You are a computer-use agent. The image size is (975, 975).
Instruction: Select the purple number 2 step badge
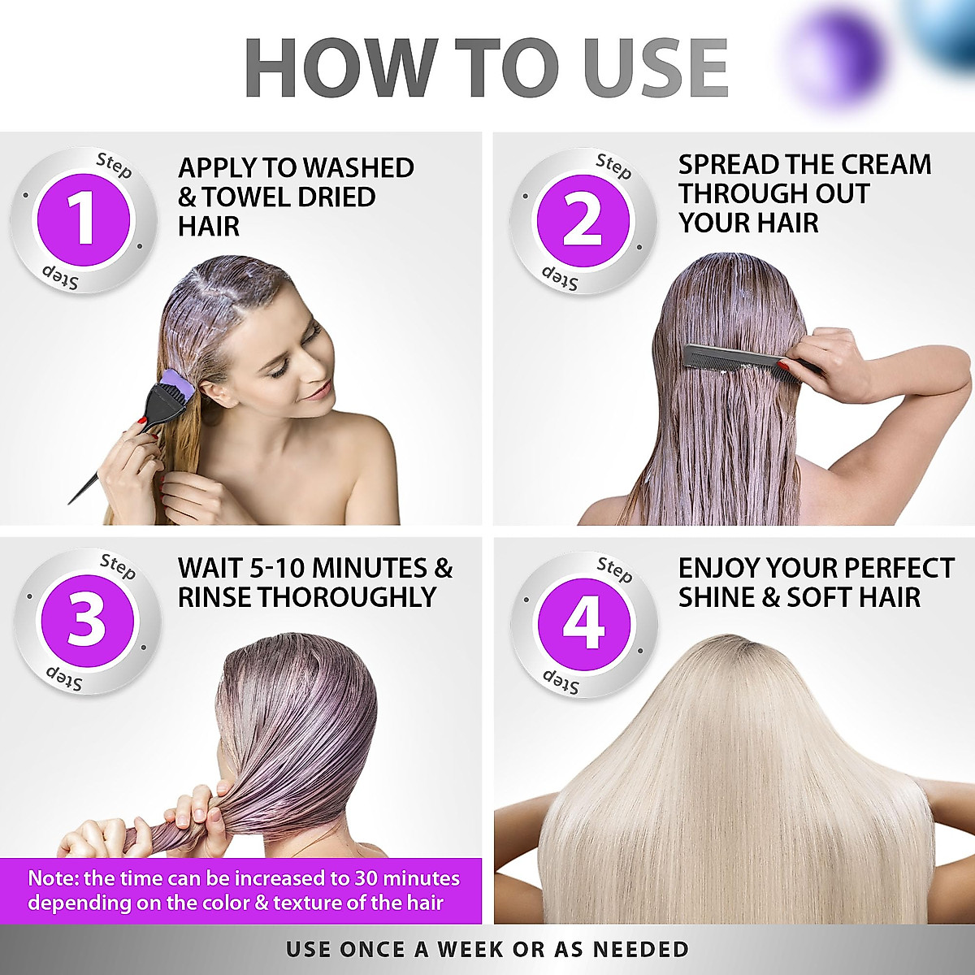point(583,220)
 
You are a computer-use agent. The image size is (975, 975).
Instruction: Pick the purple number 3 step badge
point(87,623)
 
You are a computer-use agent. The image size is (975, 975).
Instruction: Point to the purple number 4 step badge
point(584,623)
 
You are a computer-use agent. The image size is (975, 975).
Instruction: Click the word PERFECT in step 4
point(899,568)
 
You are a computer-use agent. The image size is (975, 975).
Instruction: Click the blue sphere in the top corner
point(947,28)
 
